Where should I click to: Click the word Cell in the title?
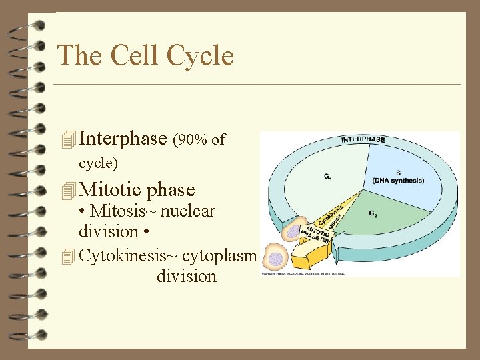[x=142, y=55]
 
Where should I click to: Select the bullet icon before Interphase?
[x=67, y=140]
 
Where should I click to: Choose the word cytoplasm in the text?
[x=219, y=255]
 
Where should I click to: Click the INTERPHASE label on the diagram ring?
[x=363, y=139]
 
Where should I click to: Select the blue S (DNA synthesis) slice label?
[x=398, y=177]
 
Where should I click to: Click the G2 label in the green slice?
[x=374, y=214]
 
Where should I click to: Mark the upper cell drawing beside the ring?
[x=291, y=231]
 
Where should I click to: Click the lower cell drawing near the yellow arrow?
[x=275, y=257]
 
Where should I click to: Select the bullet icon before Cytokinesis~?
[x=67, y=255]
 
